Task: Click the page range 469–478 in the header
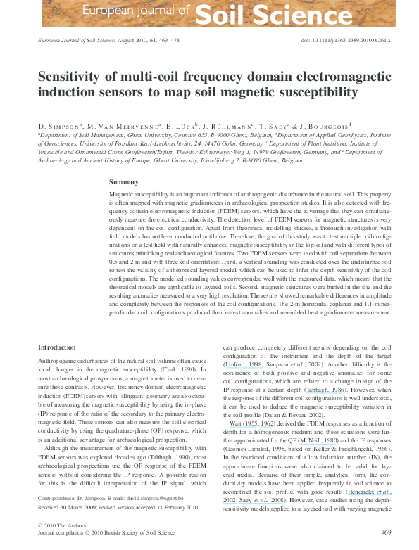point(167,41)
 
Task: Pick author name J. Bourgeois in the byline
point(357,125)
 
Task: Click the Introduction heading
point(57,347)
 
